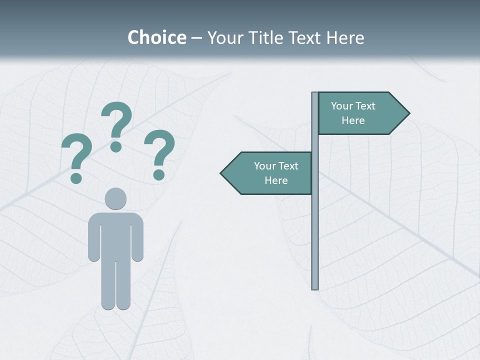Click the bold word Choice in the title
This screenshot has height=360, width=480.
point(156,37)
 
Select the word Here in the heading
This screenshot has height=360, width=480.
point(345,37)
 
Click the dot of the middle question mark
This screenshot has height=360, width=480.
point(116,146)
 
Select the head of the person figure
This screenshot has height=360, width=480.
point(115,198)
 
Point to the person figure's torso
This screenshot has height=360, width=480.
point(115,235)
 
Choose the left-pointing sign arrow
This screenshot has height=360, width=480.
point(267,173)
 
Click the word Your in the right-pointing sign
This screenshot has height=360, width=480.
point(342,106)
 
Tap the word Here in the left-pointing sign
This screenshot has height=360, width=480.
point(276,180)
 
